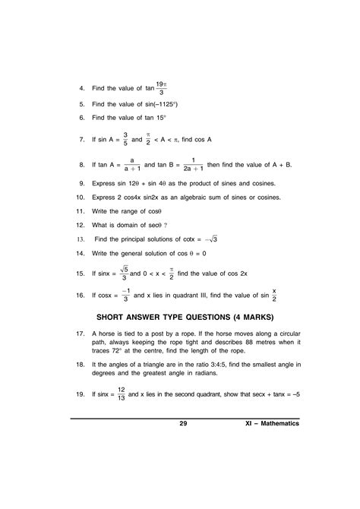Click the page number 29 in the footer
(x=183, y=424)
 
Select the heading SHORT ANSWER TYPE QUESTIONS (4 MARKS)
(x=182, y=316)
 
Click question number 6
(x=81, y=118)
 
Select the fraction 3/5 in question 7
(x=135, y=140)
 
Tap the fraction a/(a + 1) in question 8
(x=132, y=165)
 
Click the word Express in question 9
(x=103, y=184)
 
